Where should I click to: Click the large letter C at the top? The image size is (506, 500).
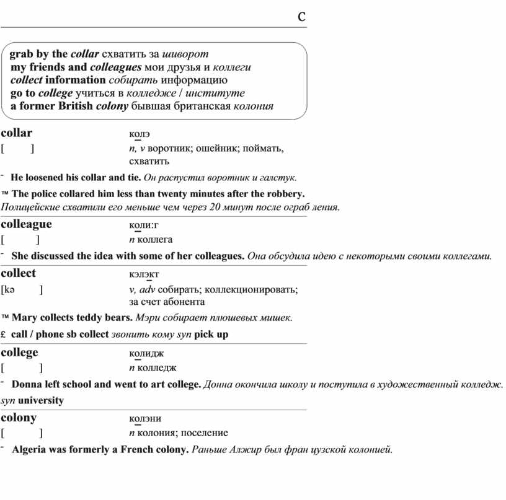tap(301, 17)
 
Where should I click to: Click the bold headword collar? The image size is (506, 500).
tap(17, 133)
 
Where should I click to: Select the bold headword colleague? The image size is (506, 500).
tap(26, 224)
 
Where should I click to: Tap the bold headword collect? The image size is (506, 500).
tap(19, 273)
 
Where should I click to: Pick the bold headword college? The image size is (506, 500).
tap(19, 353)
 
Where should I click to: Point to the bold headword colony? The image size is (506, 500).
tap(19, 418)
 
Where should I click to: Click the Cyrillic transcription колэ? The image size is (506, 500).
tap(140, 134)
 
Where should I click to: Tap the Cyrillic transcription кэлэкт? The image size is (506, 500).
tap(144, 274)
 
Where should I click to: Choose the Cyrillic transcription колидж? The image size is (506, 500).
tap(146, 354)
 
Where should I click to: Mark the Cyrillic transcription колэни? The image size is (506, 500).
tap(145, 419)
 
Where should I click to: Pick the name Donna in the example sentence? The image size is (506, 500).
tap(26, 385)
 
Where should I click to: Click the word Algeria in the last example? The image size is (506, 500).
tap(30, 450)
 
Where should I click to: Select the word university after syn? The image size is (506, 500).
tap(41, 400)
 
